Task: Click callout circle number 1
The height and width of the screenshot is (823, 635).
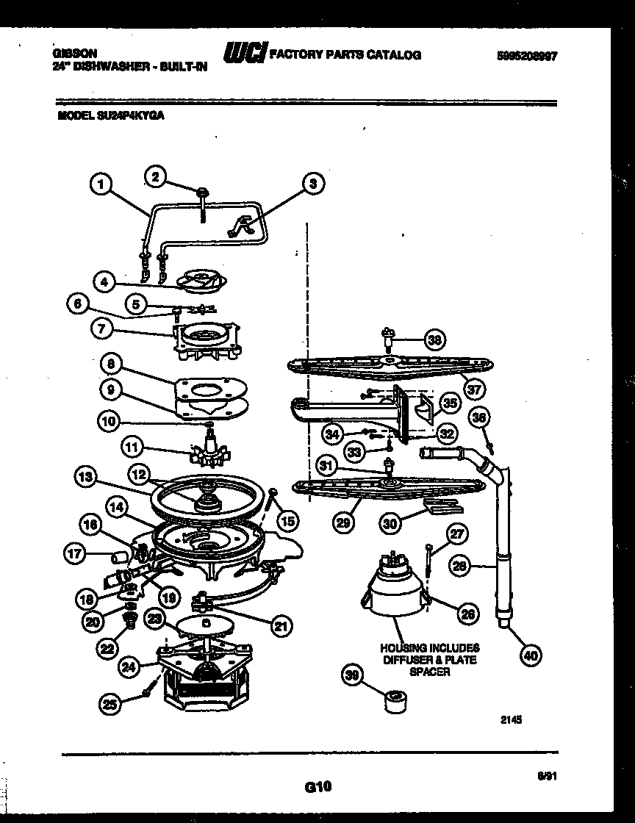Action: click(103, 183)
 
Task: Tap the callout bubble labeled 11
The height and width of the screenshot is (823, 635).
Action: click(133, 447)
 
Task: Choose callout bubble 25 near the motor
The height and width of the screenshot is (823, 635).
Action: click(110, 704)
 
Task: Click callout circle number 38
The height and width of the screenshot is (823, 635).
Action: click(435, 339)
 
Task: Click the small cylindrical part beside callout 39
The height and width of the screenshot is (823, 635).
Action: click(397, 700)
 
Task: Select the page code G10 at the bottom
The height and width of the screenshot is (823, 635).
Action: click(317, 787)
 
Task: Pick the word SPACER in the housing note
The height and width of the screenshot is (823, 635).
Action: click(430, 672)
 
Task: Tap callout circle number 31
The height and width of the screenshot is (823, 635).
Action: click(326, 464)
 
